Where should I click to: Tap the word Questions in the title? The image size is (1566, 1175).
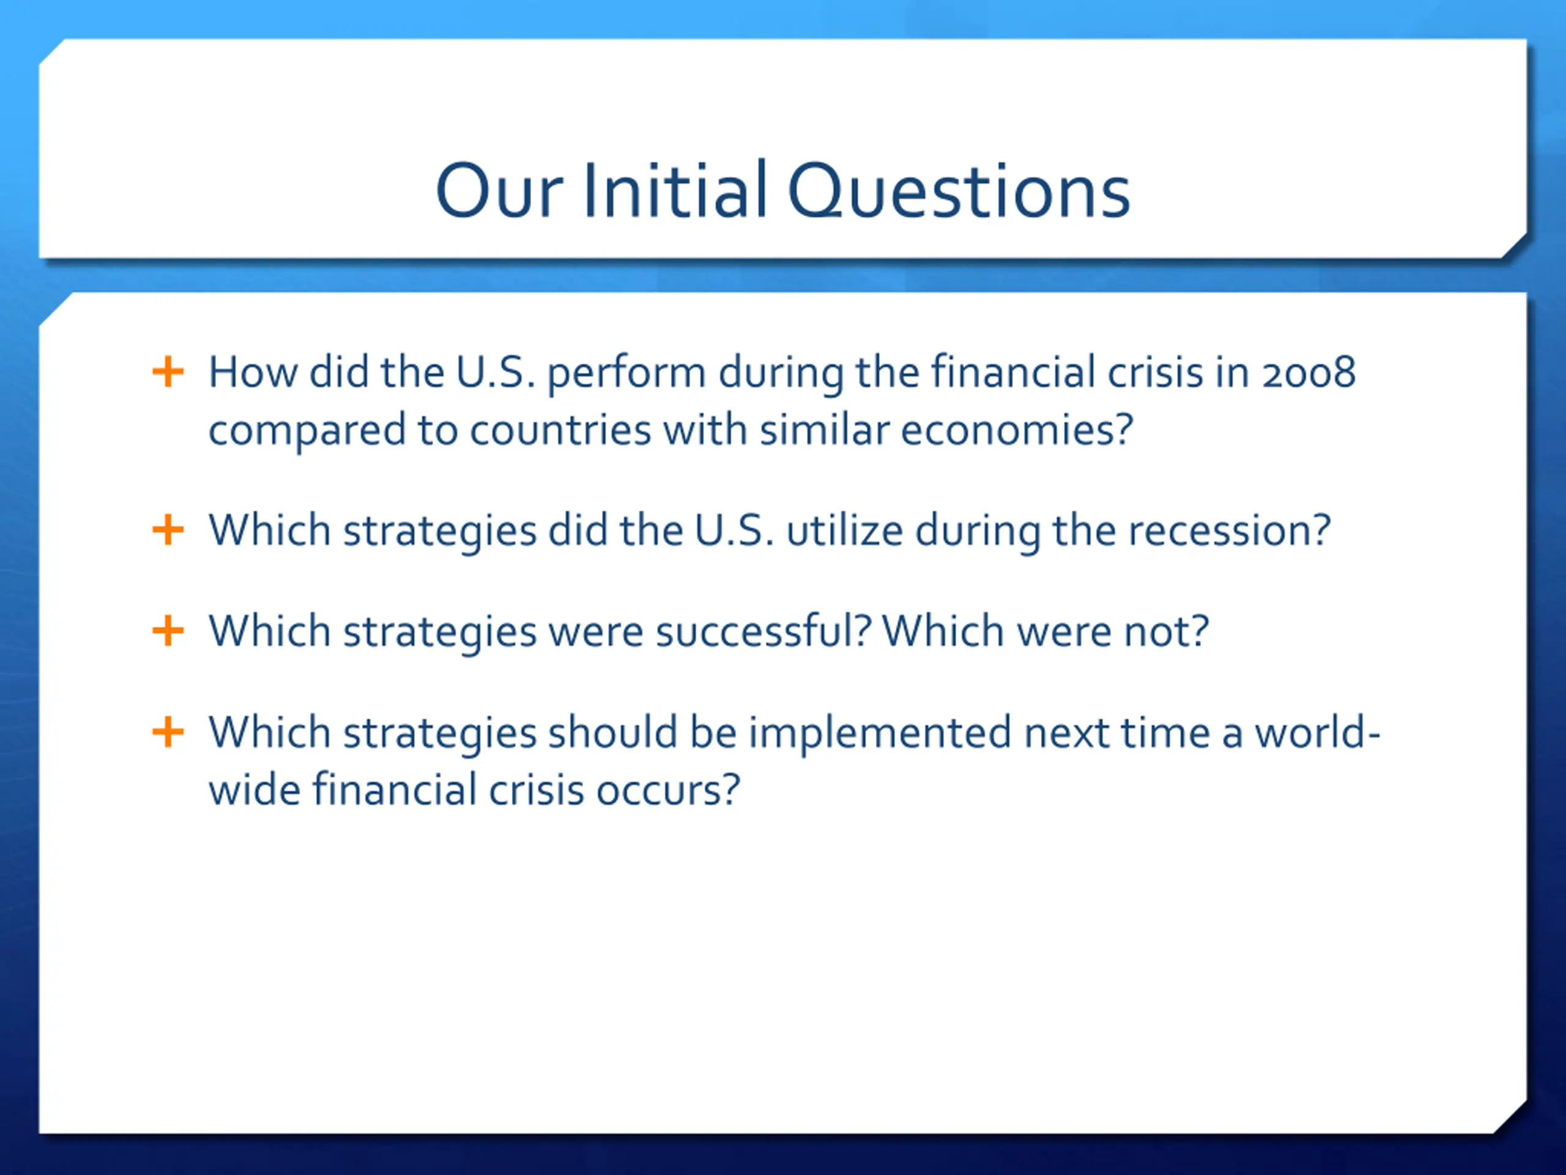[959, 190]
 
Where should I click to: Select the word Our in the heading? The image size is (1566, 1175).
[500, 190]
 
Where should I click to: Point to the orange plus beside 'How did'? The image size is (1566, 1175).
[168, 372]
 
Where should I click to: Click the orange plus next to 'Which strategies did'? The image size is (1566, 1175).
[168, 530]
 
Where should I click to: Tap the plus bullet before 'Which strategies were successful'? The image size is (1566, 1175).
[168, 630]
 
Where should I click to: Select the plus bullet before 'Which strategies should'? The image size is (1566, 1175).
[168, 732]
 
